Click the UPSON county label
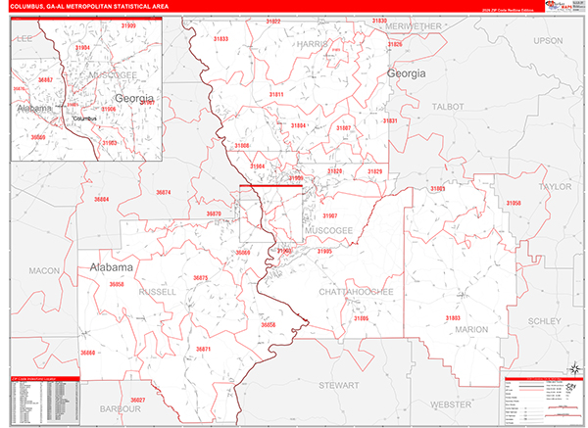(x=548, y=40)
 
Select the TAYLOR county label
(x=554, y=184)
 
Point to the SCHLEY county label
(x=545, y=320)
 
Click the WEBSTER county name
(x=451, y=404)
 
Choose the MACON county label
(x=44, y=269)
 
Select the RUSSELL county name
(x=157, y=292)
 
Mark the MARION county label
(x=470, y=329)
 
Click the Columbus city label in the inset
(x=85, y=118)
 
